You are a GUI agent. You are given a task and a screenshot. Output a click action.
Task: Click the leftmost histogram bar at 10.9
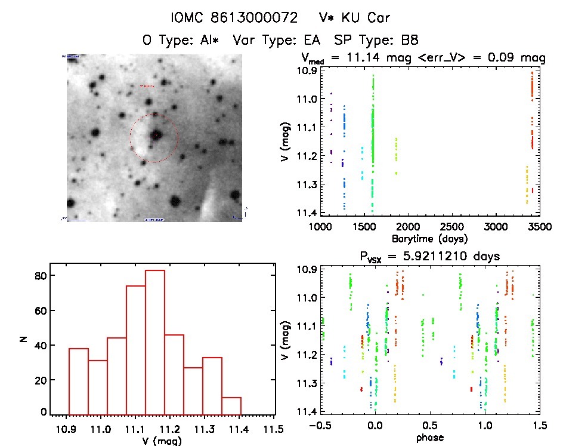[x=78, y=381]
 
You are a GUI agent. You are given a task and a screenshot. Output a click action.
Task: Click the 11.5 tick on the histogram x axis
[x=274, y=427]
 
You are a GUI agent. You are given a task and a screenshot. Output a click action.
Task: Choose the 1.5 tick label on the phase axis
[x=540, y=426]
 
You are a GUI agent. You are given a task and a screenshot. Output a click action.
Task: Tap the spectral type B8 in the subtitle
[x=409, y=41]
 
